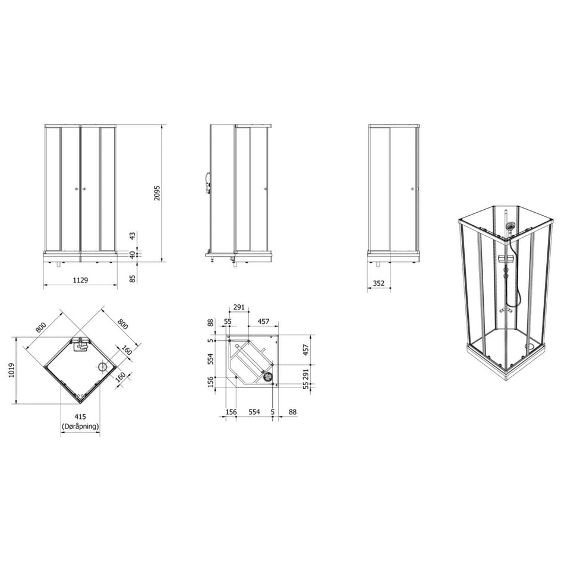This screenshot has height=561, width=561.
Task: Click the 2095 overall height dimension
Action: (157, 193)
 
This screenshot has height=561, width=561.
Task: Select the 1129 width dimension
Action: (80, 280)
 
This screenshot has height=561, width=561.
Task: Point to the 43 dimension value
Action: (133, 236)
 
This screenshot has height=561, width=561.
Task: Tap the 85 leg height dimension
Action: (133, 278)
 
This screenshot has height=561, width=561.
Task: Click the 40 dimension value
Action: (133, 255)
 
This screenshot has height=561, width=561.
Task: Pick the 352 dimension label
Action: (379, 283)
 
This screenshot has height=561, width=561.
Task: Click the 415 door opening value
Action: (80, 417)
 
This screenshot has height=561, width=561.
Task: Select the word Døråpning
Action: (80, 426)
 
